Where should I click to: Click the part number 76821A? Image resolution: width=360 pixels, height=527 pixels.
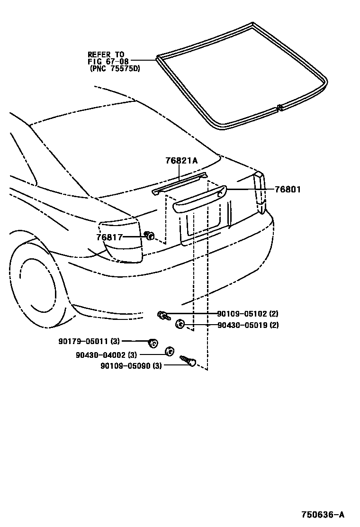coord(181,161)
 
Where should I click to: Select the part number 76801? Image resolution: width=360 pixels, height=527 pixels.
coord(288,190)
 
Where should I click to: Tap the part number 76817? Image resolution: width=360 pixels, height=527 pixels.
coord(109,237)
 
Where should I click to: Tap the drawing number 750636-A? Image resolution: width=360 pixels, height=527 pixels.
coord(323,515)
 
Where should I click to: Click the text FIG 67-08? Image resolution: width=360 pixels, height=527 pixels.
coord(108,62)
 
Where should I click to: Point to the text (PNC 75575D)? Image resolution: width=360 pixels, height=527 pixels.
coord(114,69)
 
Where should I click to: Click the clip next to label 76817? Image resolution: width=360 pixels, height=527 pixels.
coord(149,236)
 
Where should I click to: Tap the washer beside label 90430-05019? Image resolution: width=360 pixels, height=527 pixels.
coord(180,324)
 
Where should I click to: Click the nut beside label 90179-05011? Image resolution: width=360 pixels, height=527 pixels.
coord(153,342)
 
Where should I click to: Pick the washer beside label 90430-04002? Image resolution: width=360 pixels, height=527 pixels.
coord(168,352)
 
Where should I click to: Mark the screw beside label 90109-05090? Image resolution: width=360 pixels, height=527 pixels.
coord(189,361)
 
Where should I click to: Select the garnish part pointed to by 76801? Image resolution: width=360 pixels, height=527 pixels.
coord(199,199)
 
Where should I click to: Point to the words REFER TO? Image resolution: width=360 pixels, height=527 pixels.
coord(106,55)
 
